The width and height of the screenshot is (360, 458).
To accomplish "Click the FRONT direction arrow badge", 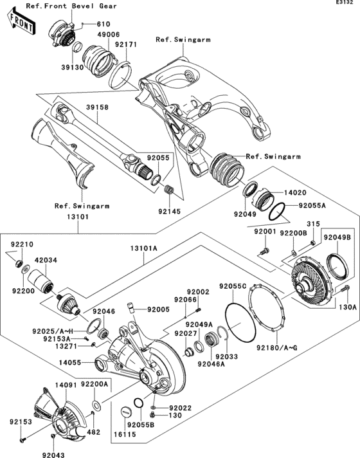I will tap(20, 24).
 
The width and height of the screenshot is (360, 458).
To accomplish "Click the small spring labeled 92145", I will tap(171, 190).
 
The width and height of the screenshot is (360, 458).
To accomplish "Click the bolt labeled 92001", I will tap(264, 249).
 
